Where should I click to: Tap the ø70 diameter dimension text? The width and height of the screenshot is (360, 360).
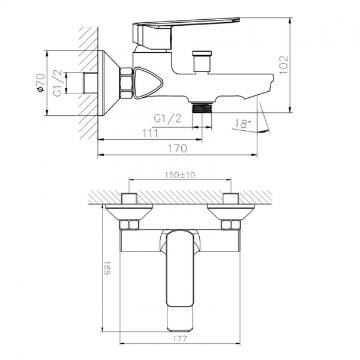click(x=40, y=83)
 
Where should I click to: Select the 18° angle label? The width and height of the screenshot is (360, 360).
click(x=242, y=124)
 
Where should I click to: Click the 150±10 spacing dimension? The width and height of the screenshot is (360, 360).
click(x=181, y=175)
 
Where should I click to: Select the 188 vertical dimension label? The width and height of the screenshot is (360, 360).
click(x=107, y=268)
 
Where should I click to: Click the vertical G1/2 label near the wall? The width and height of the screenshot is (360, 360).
click(x=58, y=83)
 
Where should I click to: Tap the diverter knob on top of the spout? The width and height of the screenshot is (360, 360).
click(x=199, y=62)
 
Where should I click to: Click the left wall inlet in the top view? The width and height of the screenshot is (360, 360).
click(x=130, y=212)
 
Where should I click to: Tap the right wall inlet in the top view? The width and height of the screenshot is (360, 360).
click(x=230, y=212)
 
